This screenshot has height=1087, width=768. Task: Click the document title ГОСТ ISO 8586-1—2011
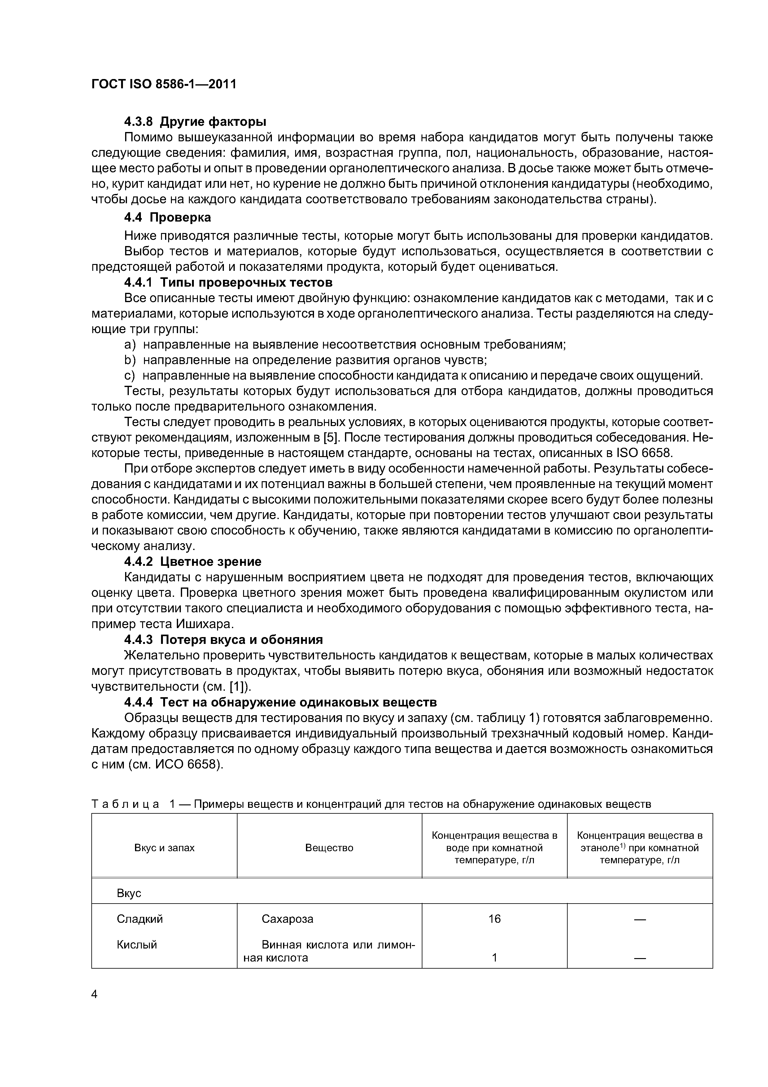coord(163,84)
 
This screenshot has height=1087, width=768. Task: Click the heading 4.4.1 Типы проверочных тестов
coord(228,283)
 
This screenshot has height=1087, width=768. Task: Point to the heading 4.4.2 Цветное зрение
coord(193,561)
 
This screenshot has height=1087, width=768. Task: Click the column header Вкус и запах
coord(164,847)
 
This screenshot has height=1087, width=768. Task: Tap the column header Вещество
coord(329,847)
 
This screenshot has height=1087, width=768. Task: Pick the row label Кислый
coord(137,944)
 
